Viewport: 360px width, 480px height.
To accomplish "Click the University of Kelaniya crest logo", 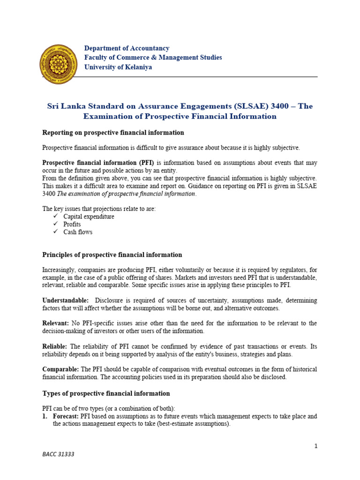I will click(59, 64).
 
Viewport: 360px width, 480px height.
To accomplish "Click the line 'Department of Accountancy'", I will click(127, 48).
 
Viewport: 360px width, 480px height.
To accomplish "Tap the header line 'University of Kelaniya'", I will click(118, 67).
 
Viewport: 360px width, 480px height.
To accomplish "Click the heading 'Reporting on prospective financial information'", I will click(113, 133).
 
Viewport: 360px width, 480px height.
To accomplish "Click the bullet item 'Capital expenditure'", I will click(89, 217).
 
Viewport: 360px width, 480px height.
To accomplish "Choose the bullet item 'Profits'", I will click(72, 224).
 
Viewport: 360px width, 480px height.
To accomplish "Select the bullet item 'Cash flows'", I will click(78, 232).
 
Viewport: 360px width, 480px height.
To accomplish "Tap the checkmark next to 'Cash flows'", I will click(55, 232).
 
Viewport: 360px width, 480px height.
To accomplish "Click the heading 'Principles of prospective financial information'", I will click(112, 255).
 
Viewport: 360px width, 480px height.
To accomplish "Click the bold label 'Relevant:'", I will click(56, 323).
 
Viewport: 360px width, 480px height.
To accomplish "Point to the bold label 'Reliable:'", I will click(55, 346).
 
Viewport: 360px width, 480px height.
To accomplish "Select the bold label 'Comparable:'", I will click(60, 369).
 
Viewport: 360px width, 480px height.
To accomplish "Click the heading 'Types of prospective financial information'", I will click(106, 393).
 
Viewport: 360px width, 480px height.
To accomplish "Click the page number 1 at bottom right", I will click(316, 446).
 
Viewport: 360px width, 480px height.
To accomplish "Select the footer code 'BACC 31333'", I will click(58, 454).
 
